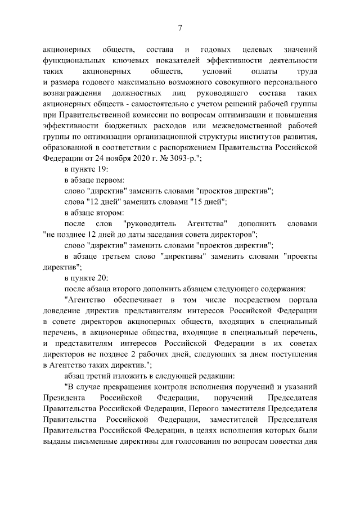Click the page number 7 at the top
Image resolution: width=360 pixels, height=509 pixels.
click(x=180, y=28)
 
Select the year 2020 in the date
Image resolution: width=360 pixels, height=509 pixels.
click(x=123, y=159)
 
